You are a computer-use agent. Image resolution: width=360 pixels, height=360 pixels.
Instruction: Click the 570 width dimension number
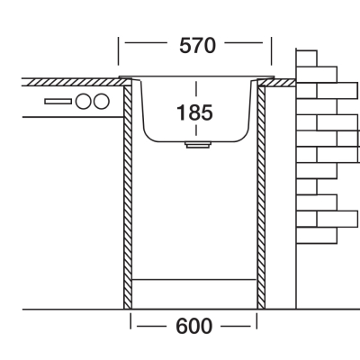coord(197,46)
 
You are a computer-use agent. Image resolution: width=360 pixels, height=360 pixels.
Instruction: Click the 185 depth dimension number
coord(195,112)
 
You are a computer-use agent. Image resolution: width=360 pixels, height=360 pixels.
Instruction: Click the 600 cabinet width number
coord(193,326)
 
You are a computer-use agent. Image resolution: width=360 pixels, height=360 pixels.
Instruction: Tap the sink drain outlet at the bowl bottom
coord(198,145)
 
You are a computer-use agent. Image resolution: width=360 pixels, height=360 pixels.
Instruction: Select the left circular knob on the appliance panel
coord(83,101)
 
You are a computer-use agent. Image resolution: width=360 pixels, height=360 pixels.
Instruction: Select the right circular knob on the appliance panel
coord(101,101)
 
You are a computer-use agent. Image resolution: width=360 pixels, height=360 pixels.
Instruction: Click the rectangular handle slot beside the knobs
coord(58,102)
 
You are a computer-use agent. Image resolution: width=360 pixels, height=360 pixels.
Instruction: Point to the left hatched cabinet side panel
coord(128,197)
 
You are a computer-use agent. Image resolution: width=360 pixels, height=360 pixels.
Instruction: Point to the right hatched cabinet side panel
coord(261,197)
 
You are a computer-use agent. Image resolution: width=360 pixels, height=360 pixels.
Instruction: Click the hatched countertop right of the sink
coord(276,83)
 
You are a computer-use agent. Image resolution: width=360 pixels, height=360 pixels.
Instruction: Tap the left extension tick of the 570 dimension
coord(118,51)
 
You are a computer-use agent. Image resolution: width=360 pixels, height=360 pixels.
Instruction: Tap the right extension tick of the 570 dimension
coord(272,51)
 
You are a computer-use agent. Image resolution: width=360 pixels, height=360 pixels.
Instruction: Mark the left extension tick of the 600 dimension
coord(130,320)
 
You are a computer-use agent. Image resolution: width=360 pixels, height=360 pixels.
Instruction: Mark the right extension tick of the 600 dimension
coord(256,320)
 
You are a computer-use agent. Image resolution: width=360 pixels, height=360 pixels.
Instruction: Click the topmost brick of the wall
coord(306,58)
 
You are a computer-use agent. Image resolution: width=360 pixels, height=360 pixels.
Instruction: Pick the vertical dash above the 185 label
coord(196,91)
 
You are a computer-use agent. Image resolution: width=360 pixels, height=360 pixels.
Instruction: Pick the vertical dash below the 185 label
coord(196,130)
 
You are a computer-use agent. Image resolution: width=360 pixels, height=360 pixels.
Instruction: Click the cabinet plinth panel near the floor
coord(194,294)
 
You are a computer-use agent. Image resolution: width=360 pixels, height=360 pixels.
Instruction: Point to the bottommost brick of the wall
coord(317,235)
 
